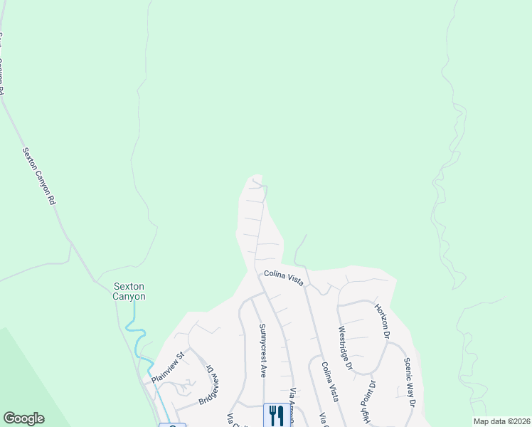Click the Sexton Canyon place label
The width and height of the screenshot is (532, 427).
129,292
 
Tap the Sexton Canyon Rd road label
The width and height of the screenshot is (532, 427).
39,176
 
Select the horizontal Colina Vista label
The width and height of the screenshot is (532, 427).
284,277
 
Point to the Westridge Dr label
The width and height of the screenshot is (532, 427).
346,348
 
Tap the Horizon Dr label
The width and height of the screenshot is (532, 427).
383,320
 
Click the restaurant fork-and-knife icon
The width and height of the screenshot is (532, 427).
276,415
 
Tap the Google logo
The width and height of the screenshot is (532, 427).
23,418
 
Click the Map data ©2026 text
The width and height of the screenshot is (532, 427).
501,421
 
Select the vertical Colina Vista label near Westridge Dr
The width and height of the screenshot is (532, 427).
329,381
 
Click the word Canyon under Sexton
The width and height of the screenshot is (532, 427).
129,297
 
